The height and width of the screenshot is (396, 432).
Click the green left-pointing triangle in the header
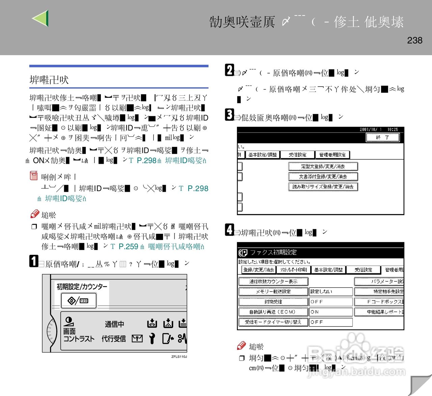tap(41, 18)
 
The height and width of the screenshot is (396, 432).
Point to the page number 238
tap(414, 40)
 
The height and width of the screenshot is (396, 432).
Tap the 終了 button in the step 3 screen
tap(383, 138)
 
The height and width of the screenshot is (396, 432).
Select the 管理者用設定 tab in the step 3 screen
tap(332, 155)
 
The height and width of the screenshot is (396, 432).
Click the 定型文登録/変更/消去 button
tap(323, 166)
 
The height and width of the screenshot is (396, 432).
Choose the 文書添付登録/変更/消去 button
tap(323, 177)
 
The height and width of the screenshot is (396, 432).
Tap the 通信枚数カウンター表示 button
tap(273, 281)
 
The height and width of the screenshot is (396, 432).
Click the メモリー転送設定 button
tap(273, 292)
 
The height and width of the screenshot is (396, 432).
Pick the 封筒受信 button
tap(273, 302)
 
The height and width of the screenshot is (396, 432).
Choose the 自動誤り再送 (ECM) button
tap(273, 312)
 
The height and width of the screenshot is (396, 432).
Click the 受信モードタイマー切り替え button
tap(273, 322)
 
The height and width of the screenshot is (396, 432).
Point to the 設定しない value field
tap(331, 292)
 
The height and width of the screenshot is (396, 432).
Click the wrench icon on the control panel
tap(152, 338)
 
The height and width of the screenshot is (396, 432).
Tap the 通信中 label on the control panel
tap(114, 324)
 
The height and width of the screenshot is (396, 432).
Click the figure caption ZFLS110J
tap(179, 357)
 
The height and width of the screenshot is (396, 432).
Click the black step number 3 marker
tap(230, 115)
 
